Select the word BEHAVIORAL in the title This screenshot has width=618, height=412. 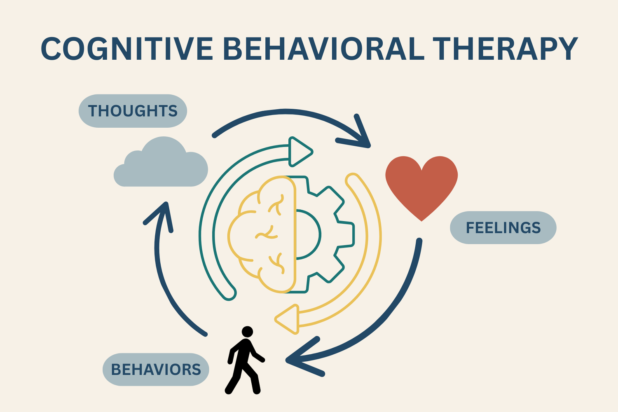pos(323,49)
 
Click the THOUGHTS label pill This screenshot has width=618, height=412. pos(133,111)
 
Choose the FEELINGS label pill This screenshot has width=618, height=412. pos(503,227)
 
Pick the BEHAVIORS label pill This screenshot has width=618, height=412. pos(156,370)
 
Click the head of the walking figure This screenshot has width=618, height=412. pos(247,332)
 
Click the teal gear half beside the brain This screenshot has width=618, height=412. pos(325,235)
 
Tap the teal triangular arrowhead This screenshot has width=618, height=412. pos(299,152)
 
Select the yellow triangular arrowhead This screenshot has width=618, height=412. pos(288,319)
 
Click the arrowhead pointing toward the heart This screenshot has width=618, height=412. pos(358,136)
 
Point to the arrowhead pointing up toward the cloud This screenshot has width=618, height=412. pos(163,214)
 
